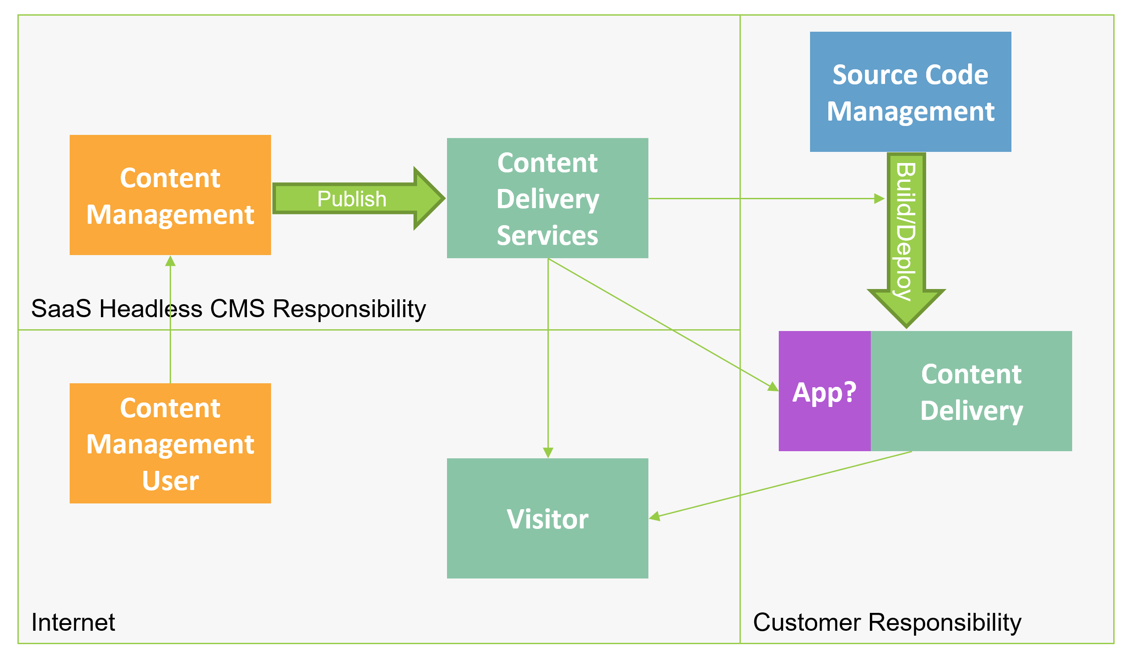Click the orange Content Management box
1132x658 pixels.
[170, 195]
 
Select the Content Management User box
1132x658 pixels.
[170, 443]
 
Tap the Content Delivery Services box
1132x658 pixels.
[547, 198]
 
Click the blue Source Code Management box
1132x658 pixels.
[910, 92]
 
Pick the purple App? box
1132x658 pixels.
[824, 391]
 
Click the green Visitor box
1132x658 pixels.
[547, 518]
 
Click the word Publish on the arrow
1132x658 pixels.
[352, 199]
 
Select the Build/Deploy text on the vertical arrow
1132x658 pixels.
[906, 231]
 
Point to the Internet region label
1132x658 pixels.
[73, 622]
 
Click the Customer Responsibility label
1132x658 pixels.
[887, 622]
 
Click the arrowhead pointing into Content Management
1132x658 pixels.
[170, 261]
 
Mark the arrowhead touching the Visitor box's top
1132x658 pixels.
[547, 452]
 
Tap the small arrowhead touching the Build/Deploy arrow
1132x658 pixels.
[879, 198]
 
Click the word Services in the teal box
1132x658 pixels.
[547, 235]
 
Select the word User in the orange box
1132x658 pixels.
[170, 481]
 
